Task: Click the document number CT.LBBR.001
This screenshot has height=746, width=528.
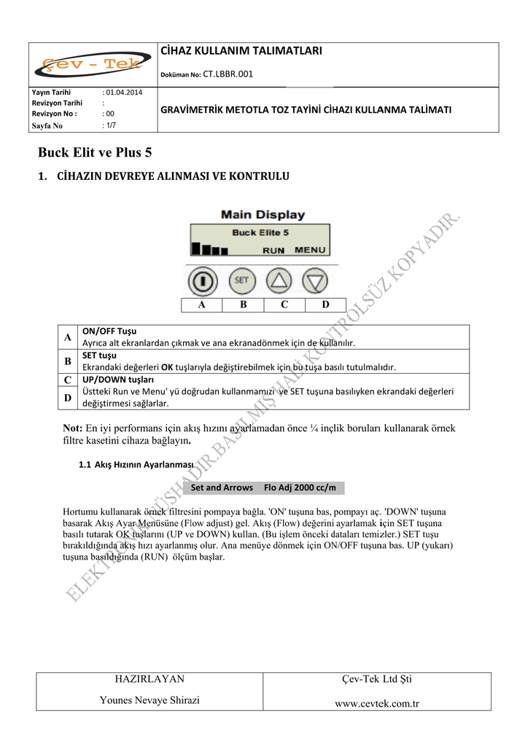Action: [x=228, y=74]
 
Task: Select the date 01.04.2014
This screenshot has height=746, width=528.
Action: [x=123, y=93]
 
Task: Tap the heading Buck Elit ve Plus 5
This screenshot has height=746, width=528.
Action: [x=95, y=153]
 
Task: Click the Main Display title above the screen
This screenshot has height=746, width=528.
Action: [x=263, y=215]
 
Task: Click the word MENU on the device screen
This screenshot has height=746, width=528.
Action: [x=310, y=250]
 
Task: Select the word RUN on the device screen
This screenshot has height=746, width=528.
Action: [x=273, y=250]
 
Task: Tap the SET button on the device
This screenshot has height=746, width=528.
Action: [x=241, y=280]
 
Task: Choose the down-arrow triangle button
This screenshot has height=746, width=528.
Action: [x=317, y=280]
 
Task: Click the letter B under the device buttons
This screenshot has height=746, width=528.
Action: [x=243, y=305]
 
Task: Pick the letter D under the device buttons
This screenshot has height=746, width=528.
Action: [x=325, y=305]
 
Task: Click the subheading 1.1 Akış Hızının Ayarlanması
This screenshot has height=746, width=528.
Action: [x=136, y=464]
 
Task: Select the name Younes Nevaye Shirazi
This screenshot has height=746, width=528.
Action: [x=150, y=700]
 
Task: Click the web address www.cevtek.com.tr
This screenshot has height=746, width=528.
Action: [x=376, y=704]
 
